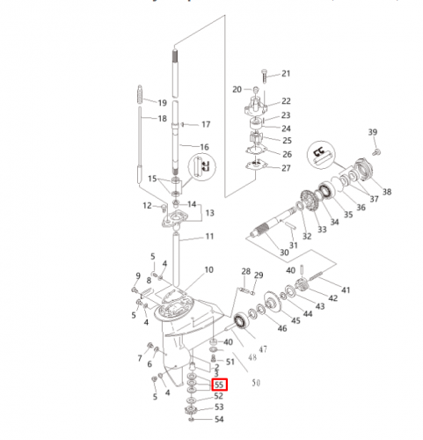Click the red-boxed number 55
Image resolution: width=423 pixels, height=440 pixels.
click(219, 385)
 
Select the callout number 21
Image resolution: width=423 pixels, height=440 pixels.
click(286, 73)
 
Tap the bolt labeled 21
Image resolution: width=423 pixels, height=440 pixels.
click(265, 76)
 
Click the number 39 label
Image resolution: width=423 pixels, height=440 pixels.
click(373, 132)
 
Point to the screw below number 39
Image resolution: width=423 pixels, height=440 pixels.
click(376, 152)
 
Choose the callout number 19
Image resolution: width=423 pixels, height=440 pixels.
click(162, 103)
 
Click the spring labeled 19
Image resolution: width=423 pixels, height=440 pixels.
click(140, 94)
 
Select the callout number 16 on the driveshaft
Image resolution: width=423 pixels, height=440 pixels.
click(204, 147)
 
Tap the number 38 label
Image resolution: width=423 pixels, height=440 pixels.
click(387, 192)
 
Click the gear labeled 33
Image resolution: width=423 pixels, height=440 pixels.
click(310, 201)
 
